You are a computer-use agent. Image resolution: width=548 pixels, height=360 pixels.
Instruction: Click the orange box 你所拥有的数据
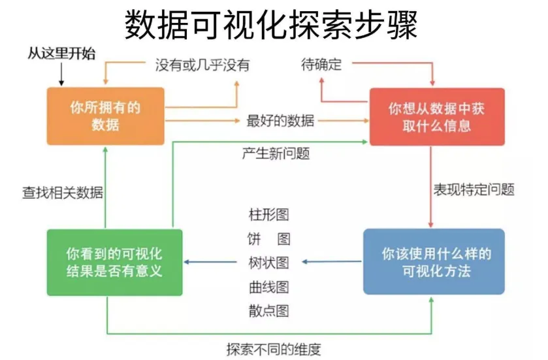point(105,116)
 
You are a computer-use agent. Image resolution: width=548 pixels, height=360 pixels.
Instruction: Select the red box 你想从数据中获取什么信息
point(436,116)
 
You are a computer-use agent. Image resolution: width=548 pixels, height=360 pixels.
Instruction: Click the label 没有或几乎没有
point(202,65)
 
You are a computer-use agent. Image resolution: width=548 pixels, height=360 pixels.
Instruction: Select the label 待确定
point(321,65)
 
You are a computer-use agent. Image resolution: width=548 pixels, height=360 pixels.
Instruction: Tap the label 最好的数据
point(280,121)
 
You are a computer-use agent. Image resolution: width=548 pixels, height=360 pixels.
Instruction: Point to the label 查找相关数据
point(63,192)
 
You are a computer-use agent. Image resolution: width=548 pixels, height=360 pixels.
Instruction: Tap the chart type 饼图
point(268,238)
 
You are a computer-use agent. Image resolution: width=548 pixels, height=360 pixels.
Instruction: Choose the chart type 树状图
point(268,263)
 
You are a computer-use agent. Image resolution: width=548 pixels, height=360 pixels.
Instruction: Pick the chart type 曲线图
point(268,287)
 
